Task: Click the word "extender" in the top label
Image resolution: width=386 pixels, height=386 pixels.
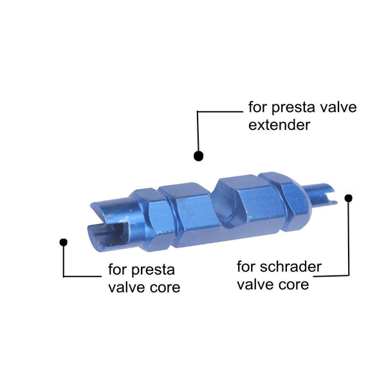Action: point(279,125)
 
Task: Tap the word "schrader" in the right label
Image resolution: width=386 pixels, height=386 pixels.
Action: point(291,267)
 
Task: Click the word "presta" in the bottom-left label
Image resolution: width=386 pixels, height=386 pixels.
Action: point(153,270)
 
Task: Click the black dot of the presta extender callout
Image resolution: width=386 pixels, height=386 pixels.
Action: point(198,156)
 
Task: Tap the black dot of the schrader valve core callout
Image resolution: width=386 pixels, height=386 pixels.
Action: point(348,198)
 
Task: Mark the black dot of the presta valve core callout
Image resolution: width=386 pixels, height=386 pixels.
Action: point(64,243)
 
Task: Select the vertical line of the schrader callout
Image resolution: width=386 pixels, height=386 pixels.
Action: point(349,238)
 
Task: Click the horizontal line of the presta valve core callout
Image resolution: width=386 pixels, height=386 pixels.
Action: point(82,276)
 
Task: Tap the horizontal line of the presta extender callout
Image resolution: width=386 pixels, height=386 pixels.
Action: point(220,112)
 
